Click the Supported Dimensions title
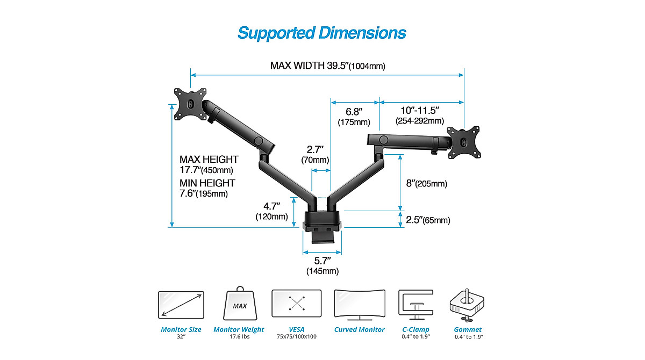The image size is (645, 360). coord(321,33)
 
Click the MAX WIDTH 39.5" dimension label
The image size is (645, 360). coord(327,66)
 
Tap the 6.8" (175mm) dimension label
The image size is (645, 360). coord(353,117)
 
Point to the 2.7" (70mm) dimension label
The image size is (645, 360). coord(314,155)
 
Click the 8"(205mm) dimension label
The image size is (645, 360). coord(426,184)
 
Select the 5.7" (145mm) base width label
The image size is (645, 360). coord(322,266)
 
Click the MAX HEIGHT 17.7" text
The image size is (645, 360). coord(209,164)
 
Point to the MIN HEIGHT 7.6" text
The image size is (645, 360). coord(207,188)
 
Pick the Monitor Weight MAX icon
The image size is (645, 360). coord(239,304)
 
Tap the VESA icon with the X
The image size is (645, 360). coord(296,304)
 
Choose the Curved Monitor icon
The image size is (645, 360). coord(359,305)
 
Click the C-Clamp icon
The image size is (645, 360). coord(415,305)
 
